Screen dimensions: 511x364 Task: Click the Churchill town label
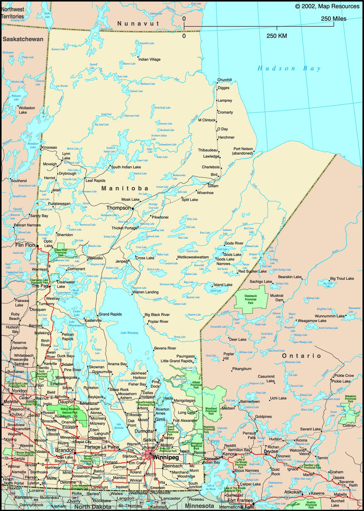(x=225, y=80)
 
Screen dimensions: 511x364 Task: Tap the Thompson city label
(x=119, y=208)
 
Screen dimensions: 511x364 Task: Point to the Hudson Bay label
(x=289, y=68)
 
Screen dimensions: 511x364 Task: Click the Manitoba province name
(x=125, y=188)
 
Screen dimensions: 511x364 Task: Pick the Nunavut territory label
(x=138, y=23)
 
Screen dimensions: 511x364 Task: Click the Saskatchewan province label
(x=23, y=39)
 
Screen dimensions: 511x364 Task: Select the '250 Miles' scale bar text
(x=333, y=19)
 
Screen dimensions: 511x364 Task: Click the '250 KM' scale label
(x=277, y=36)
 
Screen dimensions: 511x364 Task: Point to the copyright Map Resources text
(x=327, y=6)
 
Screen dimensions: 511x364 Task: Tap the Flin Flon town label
(x=25, y=245)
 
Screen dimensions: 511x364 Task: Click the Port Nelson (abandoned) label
(x=243, y=151)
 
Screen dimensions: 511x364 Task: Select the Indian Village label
(x=149, y=59)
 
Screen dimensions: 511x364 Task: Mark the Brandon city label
(x=65, y=450)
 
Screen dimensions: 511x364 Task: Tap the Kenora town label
(x=229, y=454)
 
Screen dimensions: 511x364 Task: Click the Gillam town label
(x=213, y=186)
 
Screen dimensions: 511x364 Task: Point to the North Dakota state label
(x=93, y=507)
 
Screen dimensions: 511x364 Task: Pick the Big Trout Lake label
(x=342, y=278)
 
